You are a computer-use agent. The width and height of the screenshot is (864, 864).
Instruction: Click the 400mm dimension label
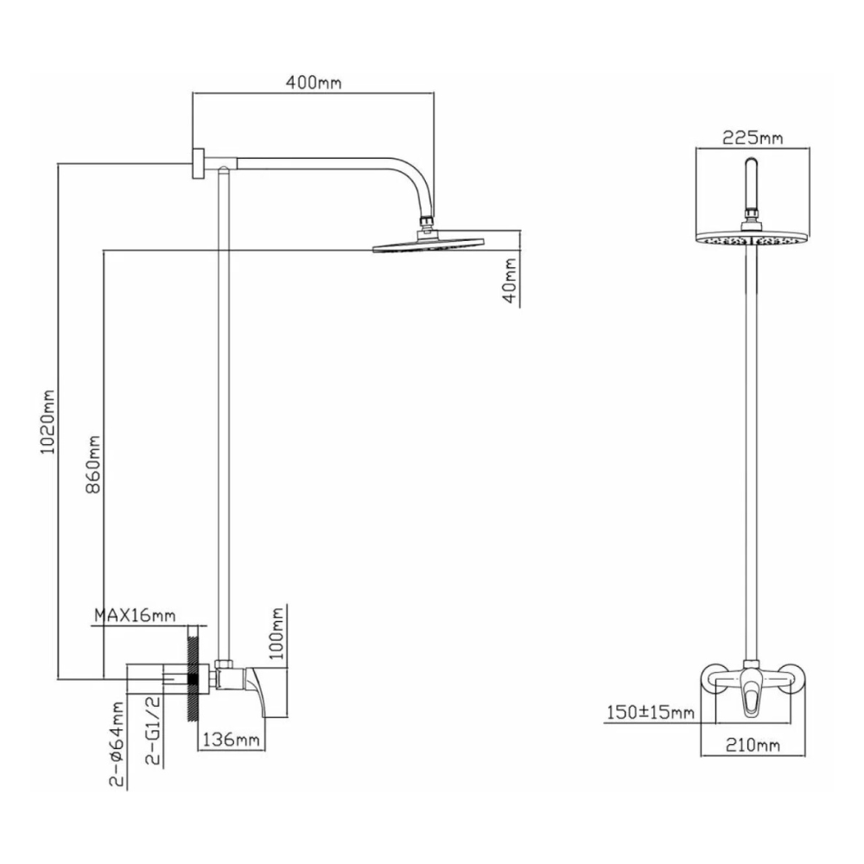(314, 83)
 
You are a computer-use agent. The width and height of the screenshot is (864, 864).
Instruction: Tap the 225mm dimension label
(753, 138)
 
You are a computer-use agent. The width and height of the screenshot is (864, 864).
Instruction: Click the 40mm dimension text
(510, 281)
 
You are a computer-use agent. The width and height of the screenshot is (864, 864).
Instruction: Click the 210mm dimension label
(754, 744)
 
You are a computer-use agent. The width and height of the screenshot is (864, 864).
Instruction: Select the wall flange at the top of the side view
(199, 164)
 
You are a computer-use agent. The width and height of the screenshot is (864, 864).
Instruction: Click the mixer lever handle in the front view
(753, 696)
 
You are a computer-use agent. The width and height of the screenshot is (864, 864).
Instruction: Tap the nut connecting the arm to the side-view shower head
(425, 224)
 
